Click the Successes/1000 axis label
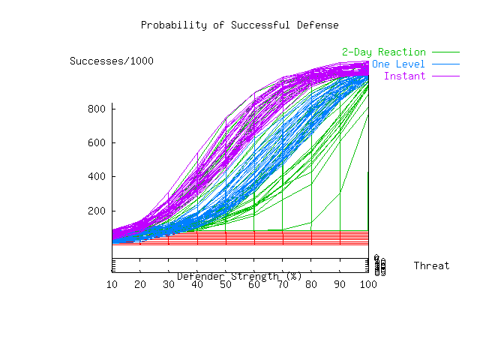(x=112, y=61)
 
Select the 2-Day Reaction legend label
(x=383, y=52)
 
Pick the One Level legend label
(x=398, y=64)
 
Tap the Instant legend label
(x=404, y=76)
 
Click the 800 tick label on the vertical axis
(x=97, y=109)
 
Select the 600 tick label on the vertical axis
(x=97, y=142)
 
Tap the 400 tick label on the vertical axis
(x=97, y=177)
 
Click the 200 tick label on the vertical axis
(x=97, y=211)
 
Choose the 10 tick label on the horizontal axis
(x=112, y=284)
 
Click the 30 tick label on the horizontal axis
(x=169, y=284)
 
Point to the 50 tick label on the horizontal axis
(x=226, y=284)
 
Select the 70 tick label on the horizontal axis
(x=283, y=284)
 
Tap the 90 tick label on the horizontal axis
(x=340, y=284)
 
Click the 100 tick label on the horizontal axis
(x=367, y=284)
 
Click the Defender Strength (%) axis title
(x=239, y=276)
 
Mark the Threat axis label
(x=431, y=266)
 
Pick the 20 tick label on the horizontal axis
(x=140, y=284)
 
